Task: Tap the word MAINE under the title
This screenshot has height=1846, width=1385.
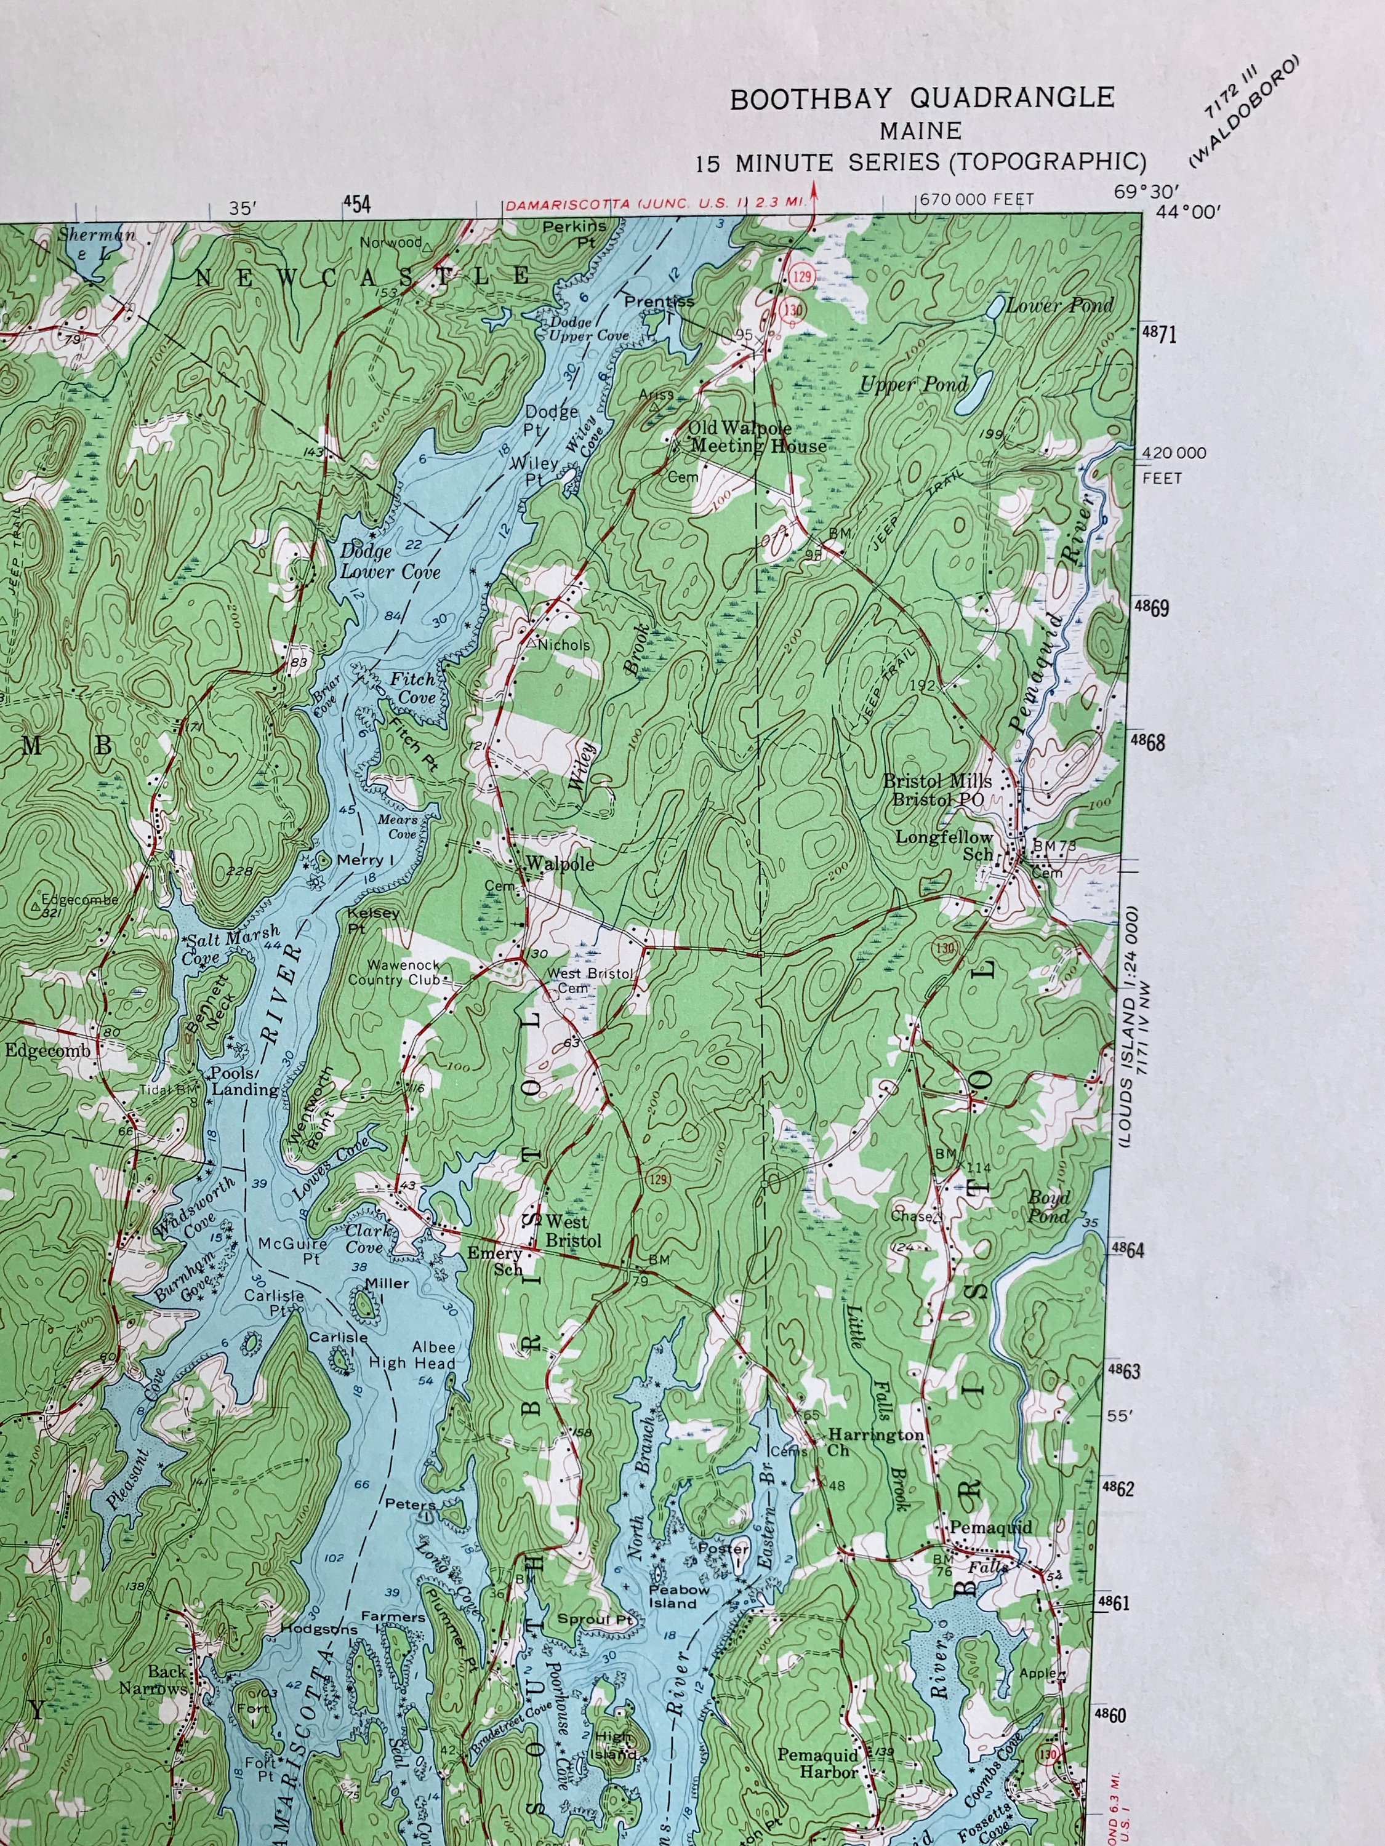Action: click(x=920, y=131)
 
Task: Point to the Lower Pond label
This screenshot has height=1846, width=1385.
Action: click(x=1059, y=305)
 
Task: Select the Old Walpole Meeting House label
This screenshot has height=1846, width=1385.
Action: click(x=757, y=436)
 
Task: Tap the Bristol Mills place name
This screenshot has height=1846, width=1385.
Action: click(x=937, y=781)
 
